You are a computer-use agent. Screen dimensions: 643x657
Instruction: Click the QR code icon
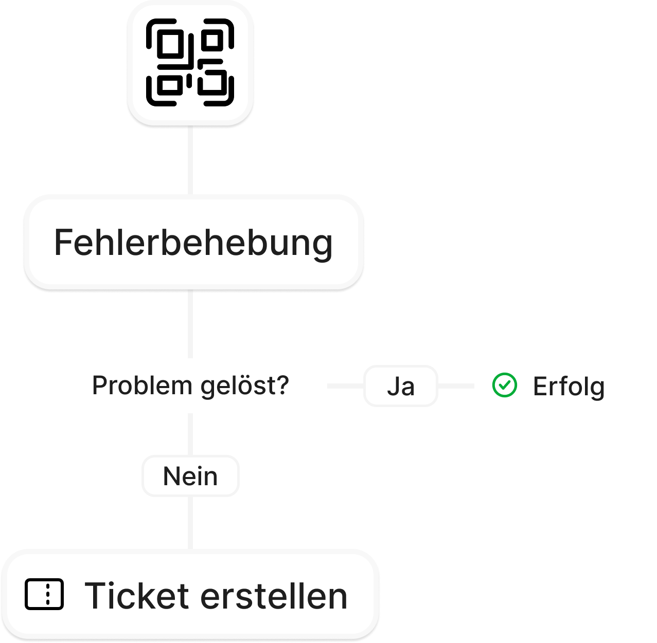pos(190,63)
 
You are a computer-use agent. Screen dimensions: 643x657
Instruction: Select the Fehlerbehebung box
pos(193,243)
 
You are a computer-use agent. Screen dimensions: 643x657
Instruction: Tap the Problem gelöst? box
pos(190,385)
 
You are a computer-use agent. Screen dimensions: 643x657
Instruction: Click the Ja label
pos(401,386)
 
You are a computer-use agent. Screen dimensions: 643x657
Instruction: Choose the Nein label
pos(190,476)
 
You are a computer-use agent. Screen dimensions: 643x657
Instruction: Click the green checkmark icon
pos(505,385)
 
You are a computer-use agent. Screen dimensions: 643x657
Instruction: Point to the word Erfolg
pos(569,387)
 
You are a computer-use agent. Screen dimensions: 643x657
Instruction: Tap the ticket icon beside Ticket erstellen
pos(44,595)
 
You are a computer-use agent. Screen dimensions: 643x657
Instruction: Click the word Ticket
pos(137,596)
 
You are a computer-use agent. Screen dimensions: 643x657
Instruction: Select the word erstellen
pos(274,596)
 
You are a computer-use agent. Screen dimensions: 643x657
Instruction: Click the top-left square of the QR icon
pos(169,44)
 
